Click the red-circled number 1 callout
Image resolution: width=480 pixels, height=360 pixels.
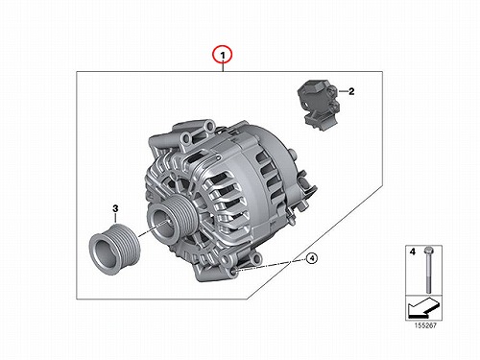pos(223,55)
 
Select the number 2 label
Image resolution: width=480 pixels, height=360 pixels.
pos(351,91)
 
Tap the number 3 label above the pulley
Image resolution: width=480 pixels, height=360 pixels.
pos(115,208)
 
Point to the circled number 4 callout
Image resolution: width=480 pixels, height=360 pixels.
pos(312,258)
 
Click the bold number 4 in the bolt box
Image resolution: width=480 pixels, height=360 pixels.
pos(413,252)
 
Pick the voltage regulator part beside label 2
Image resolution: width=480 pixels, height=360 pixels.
pos(318,105)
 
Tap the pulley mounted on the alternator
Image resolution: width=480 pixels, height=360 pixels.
pos(168,219)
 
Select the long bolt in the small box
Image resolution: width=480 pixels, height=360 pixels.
pos(428,270)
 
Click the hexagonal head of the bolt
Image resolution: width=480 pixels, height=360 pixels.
pos(428,250)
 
